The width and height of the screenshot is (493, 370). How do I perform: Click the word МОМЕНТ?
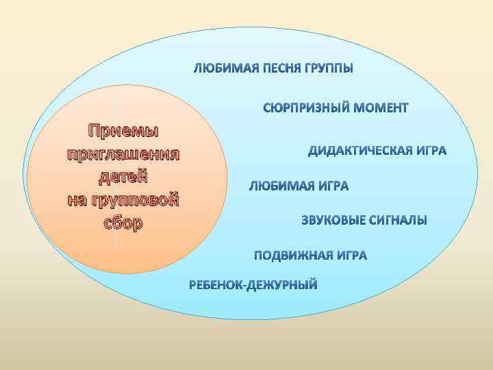pos(380,108)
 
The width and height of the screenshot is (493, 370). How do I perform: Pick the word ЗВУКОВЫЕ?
pos(332,221)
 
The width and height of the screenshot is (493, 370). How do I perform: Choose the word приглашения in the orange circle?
pos(123,153)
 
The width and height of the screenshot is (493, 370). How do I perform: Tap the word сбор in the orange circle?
pos(123,223)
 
